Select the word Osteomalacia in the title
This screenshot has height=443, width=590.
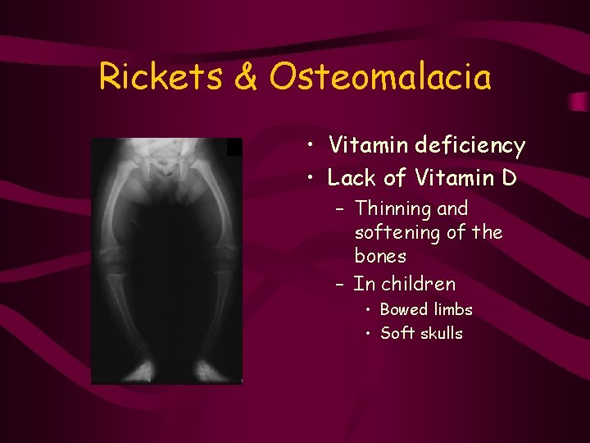380,77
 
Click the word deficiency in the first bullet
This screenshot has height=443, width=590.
470,146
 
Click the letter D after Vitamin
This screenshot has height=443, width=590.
507,177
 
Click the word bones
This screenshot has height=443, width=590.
380,256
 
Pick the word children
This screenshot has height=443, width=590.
418,284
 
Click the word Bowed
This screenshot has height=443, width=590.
404,309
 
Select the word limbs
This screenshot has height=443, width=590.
452,309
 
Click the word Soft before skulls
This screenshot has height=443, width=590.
397,333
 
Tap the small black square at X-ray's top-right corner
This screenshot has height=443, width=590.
234,147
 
